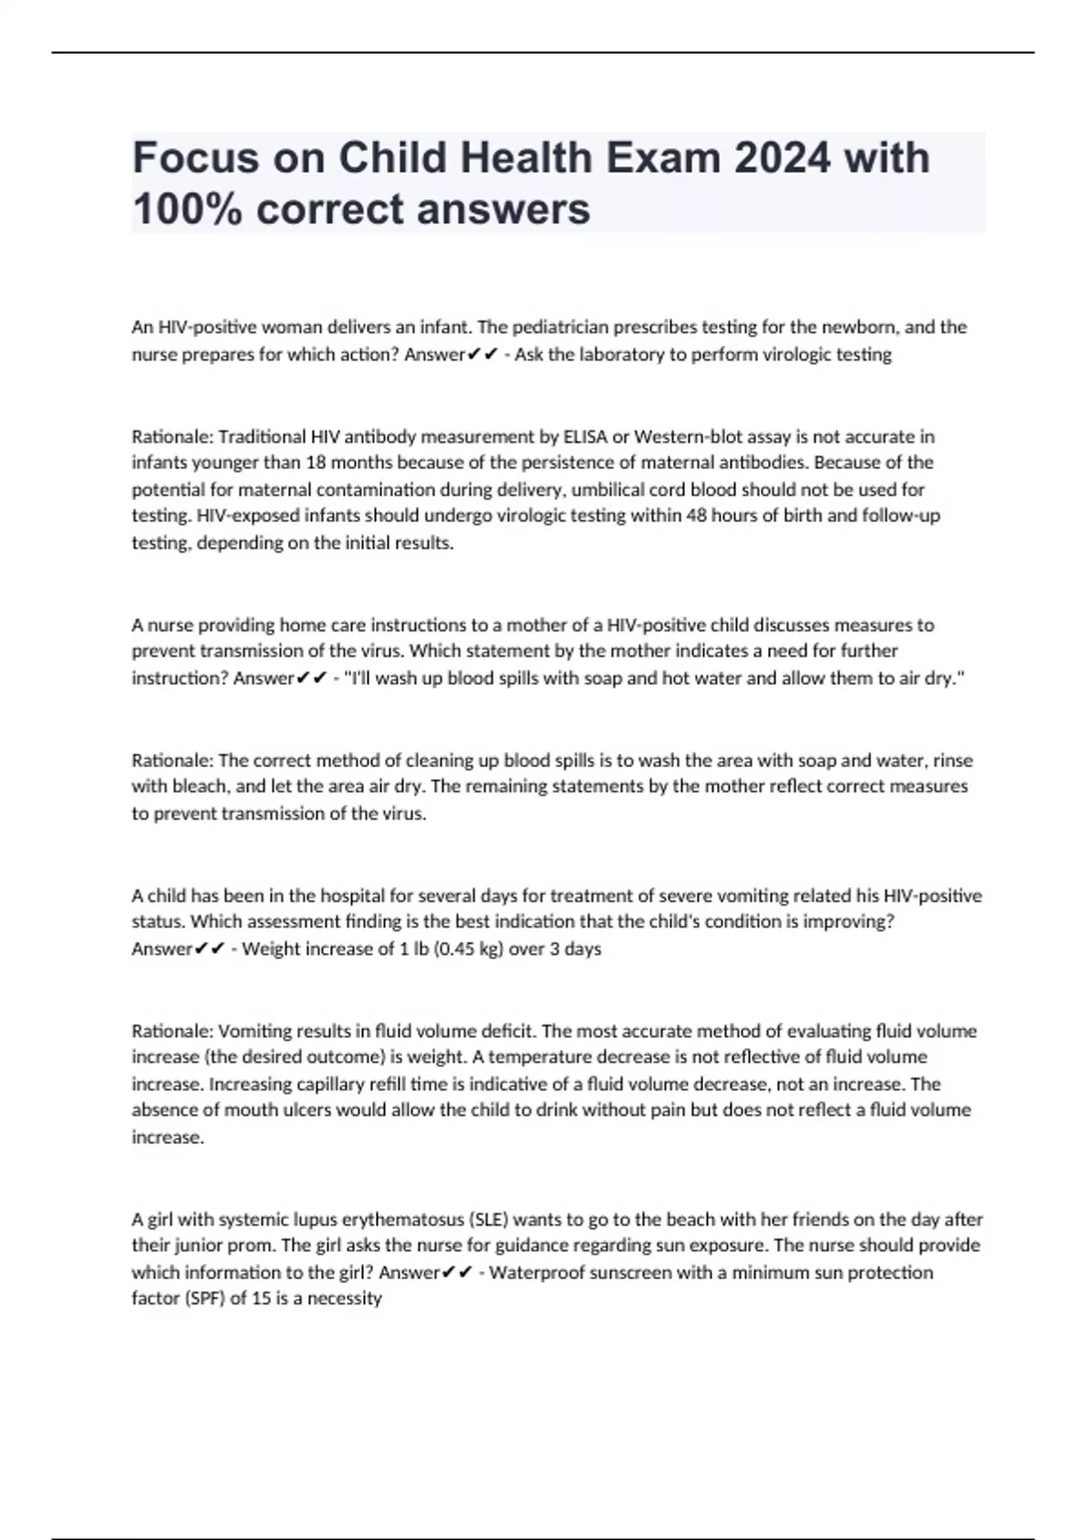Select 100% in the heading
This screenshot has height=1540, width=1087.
(187, 209)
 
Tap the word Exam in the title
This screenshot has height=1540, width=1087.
(662, 158)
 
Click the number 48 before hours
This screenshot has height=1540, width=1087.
(693, 515)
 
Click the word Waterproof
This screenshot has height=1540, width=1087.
(536, 1273)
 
